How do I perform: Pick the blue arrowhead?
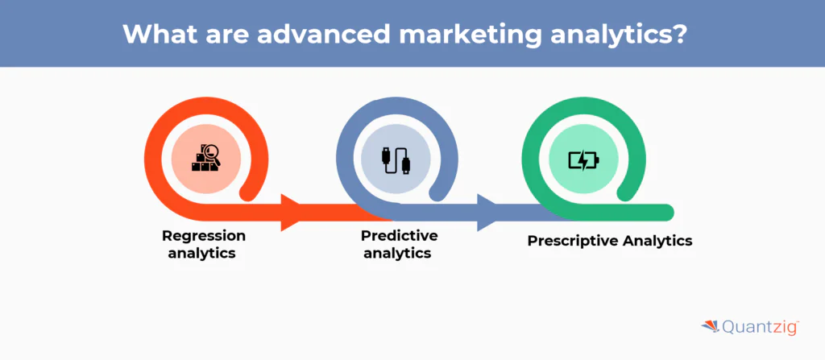click(x=487, y=213)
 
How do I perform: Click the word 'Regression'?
click(x=204, y=236)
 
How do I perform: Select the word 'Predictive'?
click(x=399, y=236)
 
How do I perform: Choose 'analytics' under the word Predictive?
click(x=397, y=253)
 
